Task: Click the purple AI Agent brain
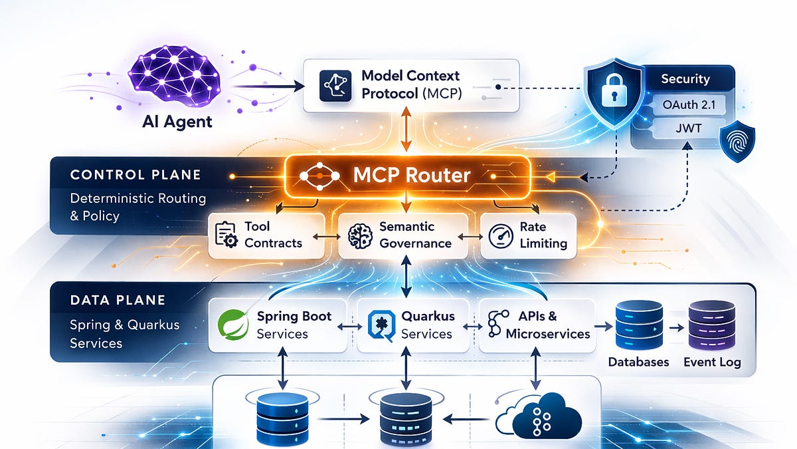click(x=174, y=76)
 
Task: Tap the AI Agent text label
click(x=177, y=122)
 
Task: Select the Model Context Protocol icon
click(x=335, y=86)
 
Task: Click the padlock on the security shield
click(x=614, y=91)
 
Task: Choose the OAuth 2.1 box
click(x=689, y=105)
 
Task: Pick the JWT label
click(x=689, y=128)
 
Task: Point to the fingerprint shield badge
click(x=737, y=142)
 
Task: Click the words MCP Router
click(x=412, y=176)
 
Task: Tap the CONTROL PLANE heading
click(x=135, y=174)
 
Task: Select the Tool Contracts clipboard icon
click(x=226, y=235)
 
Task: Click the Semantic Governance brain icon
click(x=360, y=236)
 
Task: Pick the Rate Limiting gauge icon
click(x=501, y=236)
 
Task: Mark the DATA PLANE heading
click(x=118, y=300)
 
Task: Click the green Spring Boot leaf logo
click(x=233, y=325)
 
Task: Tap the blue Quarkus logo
click(x=381, y=326)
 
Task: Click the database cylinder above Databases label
click(x=639, y=325)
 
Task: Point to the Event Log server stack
click(x=711, y=325)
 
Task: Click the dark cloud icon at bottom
click(x=539, y=417)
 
